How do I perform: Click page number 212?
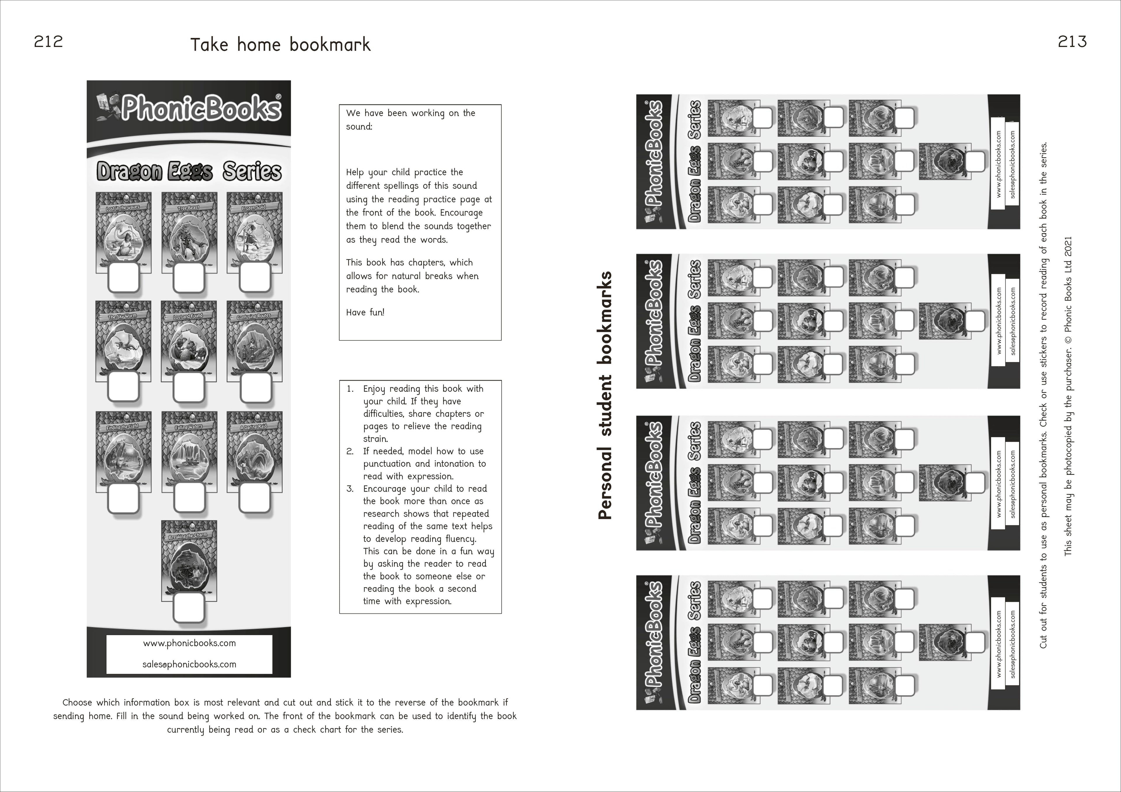point(48,42)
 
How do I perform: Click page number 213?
point(1072,42)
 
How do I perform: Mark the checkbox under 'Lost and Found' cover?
point(189,387)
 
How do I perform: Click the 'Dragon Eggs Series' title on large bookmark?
point(189,171)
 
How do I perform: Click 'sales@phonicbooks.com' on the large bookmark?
point(189,664)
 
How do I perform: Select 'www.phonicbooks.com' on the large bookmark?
point(189,643)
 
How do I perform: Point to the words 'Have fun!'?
point(365,312)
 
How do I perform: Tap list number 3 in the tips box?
point(349,489)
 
